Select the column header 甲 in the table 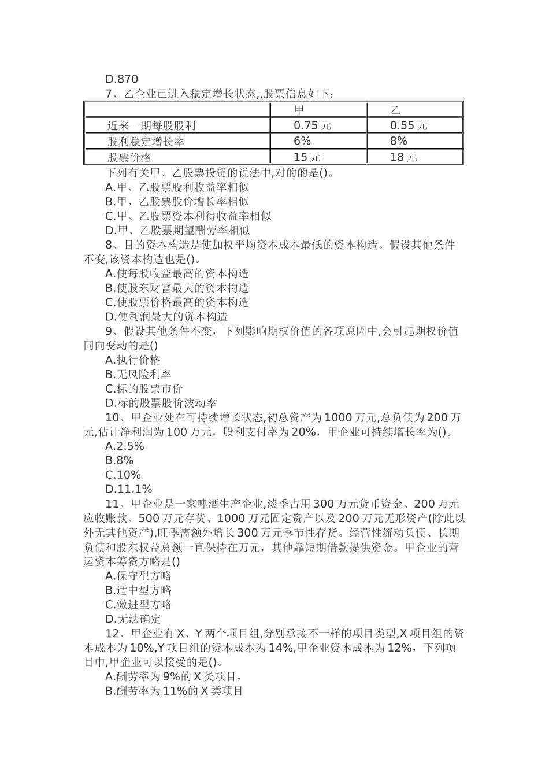[299, 110]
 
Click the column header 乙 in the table [395, 110]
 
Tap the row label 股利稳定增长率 [146, 141]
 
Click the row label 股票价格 [129, 157]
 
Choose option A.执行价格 [133, 360]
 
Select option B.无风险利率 [138, 374]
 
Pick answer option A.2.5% [125, 446]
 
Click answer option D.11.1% [128, 490]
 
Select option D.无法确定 [133, 619]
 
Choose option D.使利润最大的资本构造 [166, 317]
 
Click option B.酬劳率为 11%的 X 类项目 [174, 691]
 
